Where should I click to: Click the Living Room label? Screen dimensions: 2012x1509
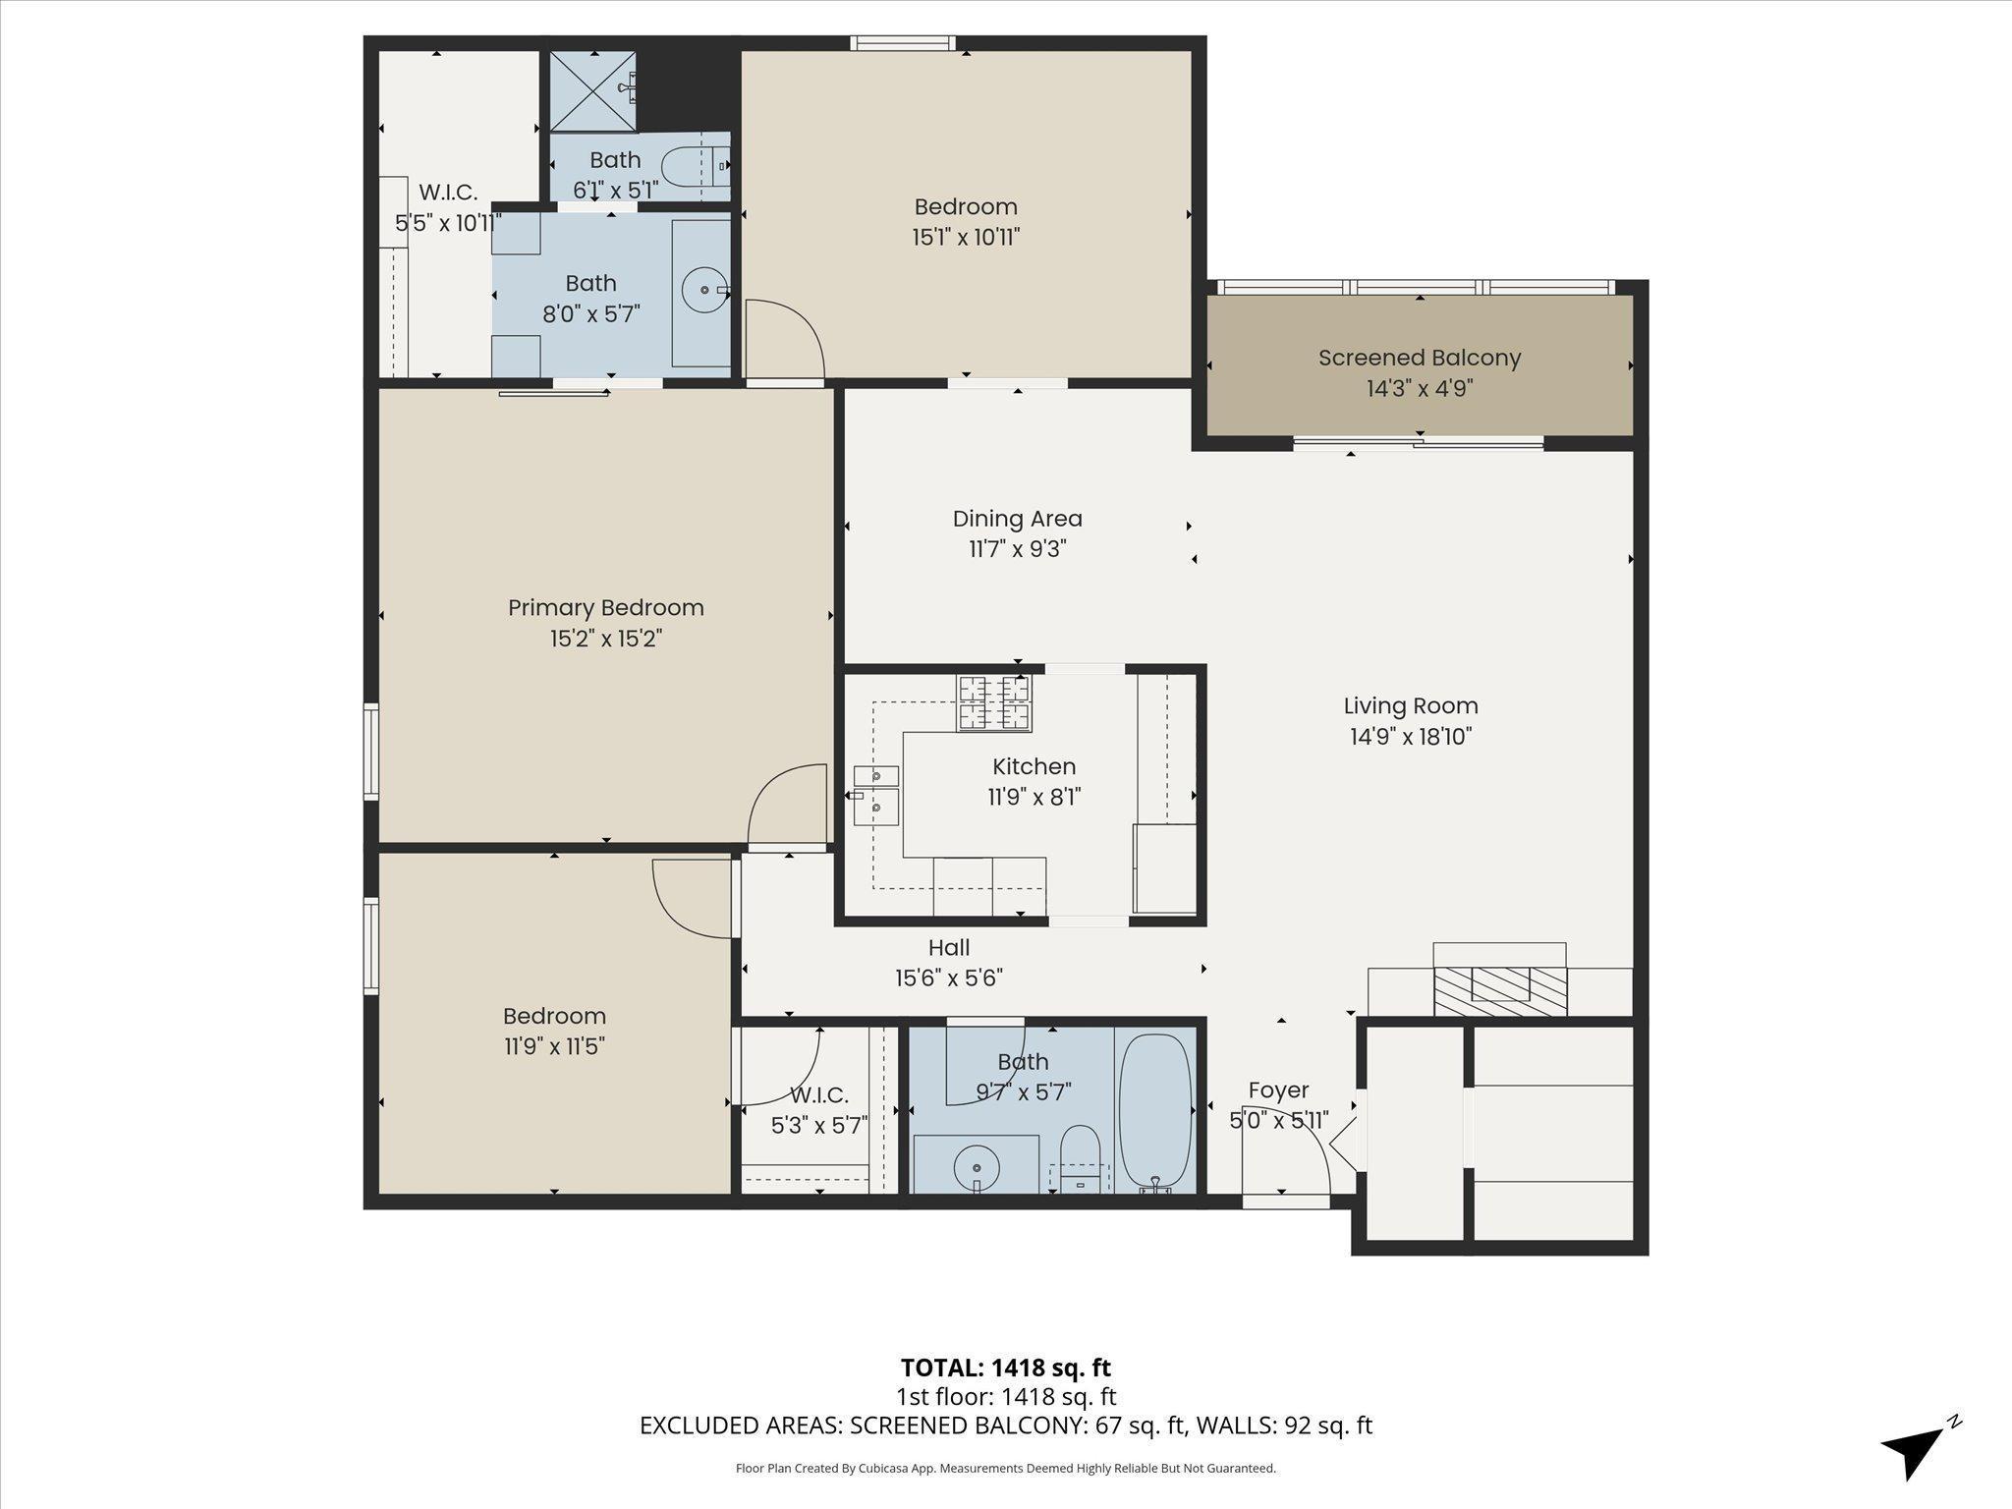pyautogui.click(x=1411, y=705)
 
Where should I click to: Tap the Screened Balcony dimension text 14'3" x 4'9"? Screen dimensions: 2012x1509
pyautogui.click(x=1420, y=389)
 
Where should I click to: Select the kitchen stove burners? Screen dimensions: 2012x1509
pyautogui.click(x=995, y=703)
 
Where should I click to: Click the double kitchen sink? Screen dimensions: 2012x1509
pyautogui.click(x=876, y=795)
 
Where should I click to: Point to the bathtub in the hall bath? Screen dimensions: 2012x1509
pyautogui.click(x=1155, y=1112)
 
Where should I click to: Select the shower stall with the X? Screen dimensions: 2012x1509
pyautogui.click(x=592, y=90)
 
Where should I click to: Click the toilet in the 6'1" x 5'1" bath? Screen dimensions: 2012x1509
pyautogui.click(x=696, y=167)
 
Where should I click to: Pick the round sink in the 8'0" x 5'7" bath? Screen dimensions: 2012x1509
pyautogui.click(x=706, y=291)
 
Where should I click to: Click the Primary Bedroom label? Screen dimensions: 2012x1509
pyautogui.click(x=606, y=607)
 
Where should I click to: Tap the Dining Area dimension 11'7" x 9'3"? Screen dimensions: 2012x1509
pyautogui.click(x=1017, y=549)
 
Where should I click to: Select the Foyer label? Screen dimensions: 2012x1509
pyautogui.click(x=1278, y=1090)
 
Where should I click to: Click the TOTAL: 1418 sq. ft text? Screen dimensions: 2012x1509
pyautogui.click(x=1006, y=1367)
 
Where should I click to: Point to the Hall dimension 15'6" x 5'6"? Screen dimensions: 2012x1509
pyautogui.click(x=948, y=978)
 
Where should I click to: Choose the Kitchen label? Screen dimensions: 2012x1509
pyautogui.click(x=1034, y=766)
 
